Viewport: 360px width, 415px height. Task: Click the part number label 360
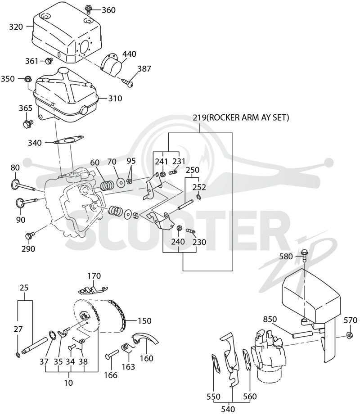pos(108,10)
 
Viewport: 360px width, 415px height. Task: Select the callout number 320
pos(16,27)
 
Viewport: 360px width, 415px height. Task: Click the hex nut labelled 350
pos(27,79)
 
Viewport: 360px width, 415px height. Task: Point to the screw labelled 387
pos(128,83)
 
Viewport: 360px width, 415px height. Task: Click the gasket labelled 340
pos(68,140)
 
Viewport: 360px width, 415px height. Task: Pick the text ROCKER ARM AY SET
pos(247,117)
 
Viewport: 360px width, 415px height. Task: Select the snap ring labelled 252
pos(198,197)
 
